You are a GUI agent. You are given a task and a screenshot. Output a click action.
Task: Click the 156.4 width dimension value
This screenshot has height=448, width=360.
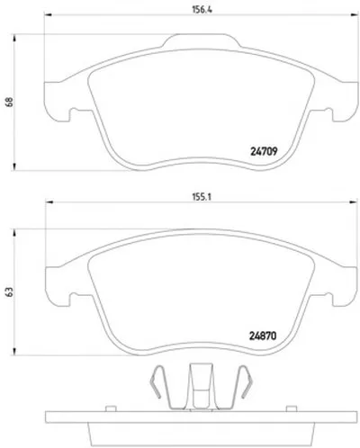pos(202,10)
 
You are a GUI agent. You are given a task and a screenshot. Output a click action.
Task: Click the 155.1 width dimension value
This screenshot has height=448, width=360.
pos(202,197)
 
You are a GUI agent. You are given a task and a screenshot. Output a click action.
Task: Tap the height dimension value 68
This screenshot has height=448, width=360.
pos(9,102)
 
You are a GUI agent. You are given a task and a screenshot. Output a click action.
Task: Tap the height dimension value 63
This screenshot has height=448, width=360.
pos(9,291)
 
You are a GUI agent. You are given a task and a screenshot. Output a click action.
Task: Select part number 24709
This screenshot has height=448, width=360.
pos(264,151)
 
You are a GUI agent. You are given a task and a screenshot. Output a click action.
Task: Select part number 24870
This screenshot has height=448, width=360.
pos(263,336)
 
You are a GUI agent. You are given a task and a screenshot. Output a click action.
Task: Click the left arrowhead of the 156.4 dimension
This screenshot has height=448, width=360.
pos(48,14)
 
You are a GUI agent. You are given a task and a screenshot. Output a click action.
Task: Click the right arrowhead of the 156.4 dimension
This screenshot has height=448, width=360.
pos(354,14)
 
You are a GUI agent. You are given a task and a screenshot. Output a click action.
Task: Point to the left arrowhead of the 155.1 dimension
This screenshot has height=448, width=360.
pos(49,202)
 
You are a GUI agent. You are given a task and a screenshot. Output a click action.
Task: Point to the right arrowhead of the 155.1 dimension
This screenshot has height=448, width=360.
pos(354,202)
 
